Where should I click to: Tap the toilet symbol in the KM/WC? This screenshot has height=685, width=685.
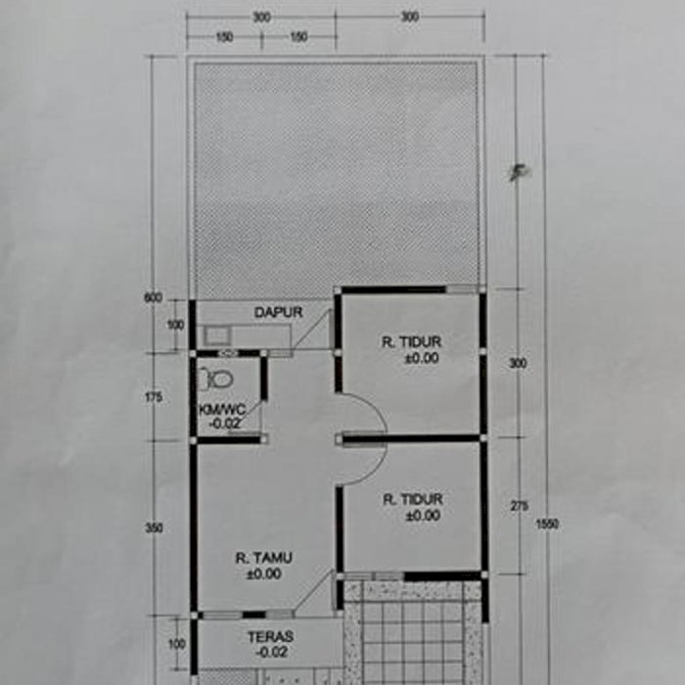click(215, 380)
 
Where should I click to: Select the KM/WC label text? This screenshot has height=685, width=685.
click(222, 410)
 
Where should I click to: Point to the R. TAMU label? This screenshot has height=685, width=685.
click(263, 558)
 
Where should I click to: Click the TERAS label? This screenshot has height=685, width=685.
click(270, 637)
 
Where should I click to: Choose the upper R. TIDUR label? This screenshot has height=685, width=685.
click(412, 342)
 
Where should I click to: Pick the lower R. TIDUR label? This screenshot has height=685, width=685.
click(413, 499)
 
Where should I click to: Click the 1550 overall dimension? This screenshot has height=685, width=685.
click(547, 524)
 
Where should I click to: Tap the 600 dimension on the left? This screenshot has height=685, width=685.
click(153, 297)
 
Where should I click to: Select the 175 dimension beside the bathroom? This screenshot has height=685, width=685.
click(154, 397)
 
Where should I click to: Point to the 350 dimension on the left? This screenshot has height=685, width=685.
click(154, 528)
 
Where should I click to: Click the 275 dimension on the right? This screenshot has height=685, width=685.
click(519, 506)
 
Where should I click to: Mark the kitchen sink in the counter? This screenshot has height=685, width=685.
click(216, 336)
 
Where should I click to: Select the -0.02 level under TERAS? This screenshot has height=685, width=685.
click(272, 653)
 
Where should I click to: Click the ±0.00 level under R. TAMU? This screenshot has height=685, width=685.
click(264, 574)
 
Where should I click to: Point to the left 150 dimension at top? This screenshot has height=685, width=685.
click(224, 37)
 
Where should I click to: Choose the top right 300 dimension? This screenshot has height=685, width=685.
click(410, 17)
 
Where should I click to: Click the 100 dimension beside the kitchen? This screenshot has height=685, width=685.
click(175, 325)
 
